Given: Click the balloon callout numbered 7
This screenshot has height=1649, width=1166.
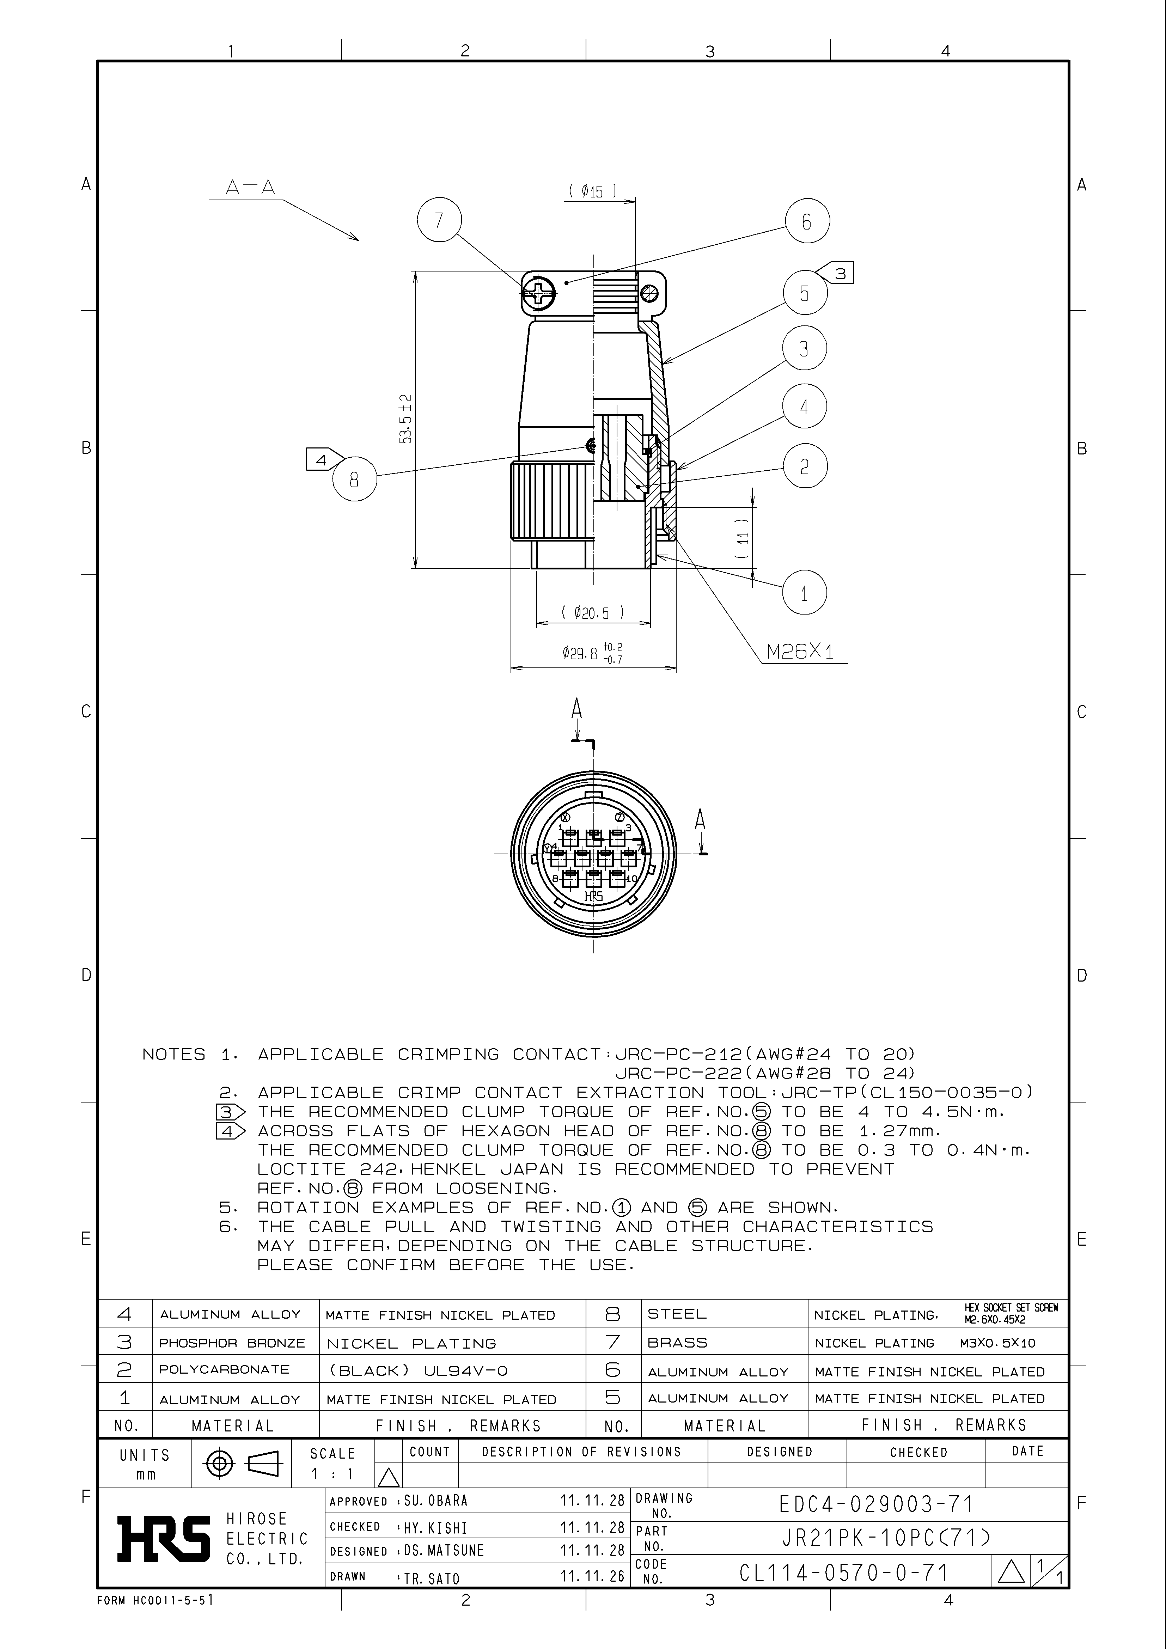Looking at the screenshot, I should tap(439, 220).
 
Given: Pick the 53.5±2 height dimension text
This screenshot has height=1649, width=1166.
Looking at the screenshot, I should tap(406, 419).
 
